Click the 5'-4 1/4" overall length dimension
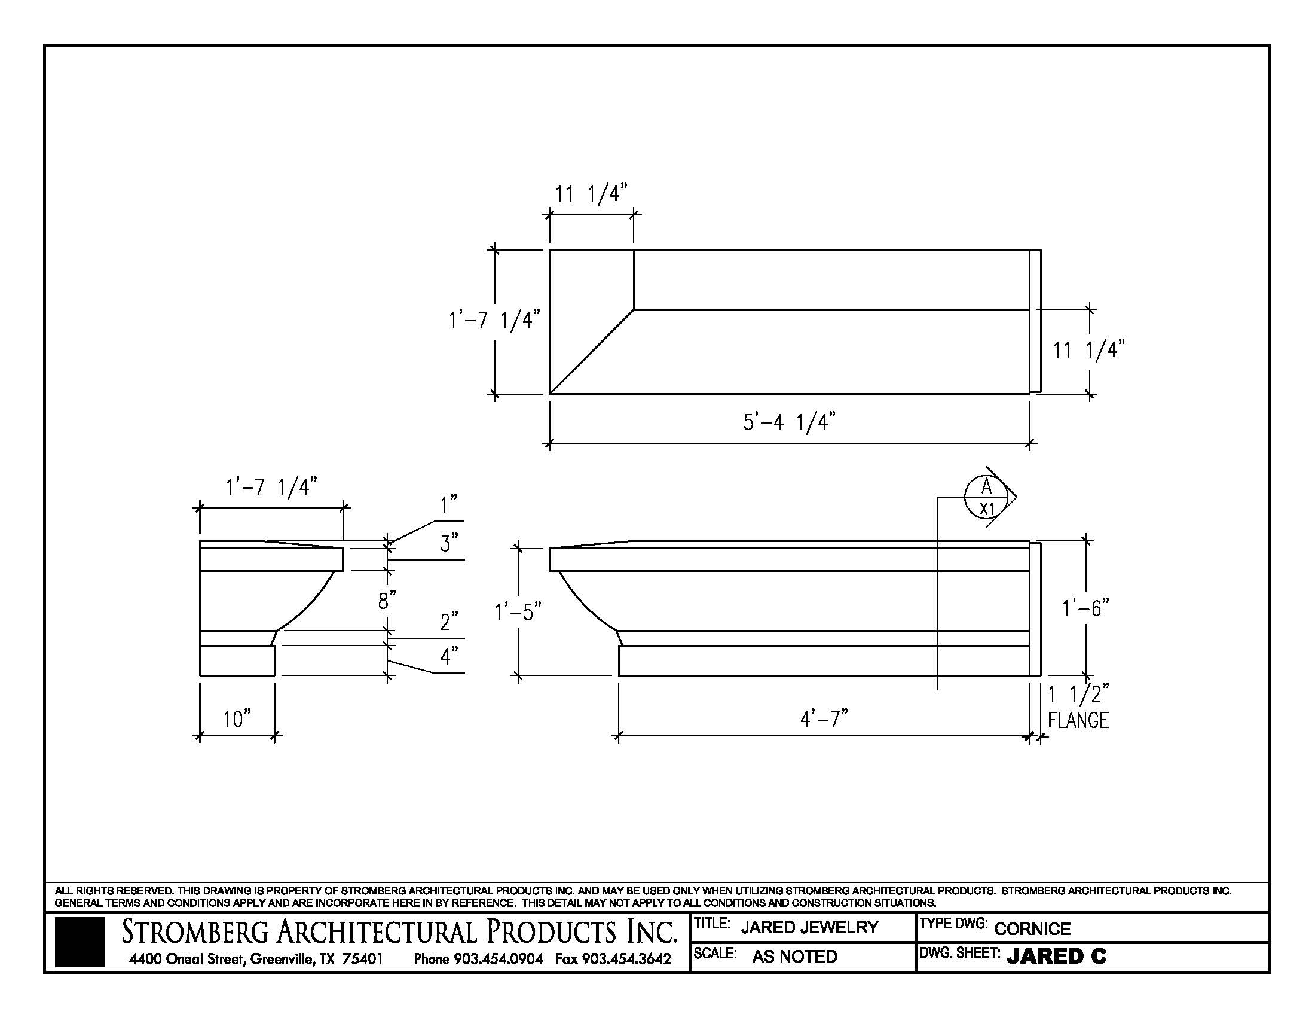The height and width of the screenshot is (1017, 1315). coord(790,422)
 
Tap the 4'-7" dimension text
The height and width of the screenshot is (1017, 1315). coord(824,718)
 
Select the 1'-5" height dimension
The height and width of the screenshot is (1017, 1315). coord(518,613)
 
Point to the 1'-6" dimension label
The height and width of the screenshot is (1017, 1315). coord(1085,608)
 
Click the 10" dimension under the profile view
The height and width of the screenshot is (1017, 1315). coord(237,718)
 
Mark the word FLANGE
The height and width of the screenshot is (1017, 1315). coord(1078,721)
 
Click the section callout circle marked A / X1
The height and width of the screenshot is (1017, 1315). coord(986,497)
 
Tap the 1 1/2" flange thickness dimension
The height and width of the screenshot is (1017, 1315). coord(1078,695)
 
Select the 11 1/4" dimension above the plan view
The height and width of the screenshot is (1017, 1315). coord(591,194)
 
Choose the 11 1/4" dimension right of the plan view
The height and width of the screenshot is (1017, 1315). coord(1088,349)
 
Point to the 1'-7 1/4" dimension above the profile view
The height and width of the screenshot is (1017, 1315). coord(271,486)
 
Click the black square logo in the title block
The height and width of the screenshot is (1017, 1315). coord(79,942)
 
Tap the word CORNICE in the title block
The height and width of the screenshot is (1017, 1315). coord(1032,929)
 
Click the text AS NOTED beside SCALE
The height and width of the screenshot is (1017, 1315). coord(794,957)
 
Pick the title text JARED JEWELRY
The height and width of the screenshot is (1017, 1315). coord(809,927)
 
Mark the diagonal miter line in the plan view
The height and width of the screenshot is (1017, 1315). coord(591,352)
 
